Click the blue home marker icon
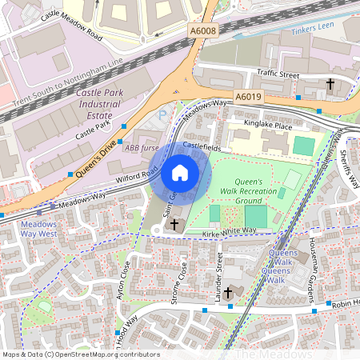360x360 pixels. [180, 173]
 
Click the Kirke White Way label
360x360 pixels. [230, 230]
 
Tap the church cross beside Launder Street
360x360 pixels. [228, 294]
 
